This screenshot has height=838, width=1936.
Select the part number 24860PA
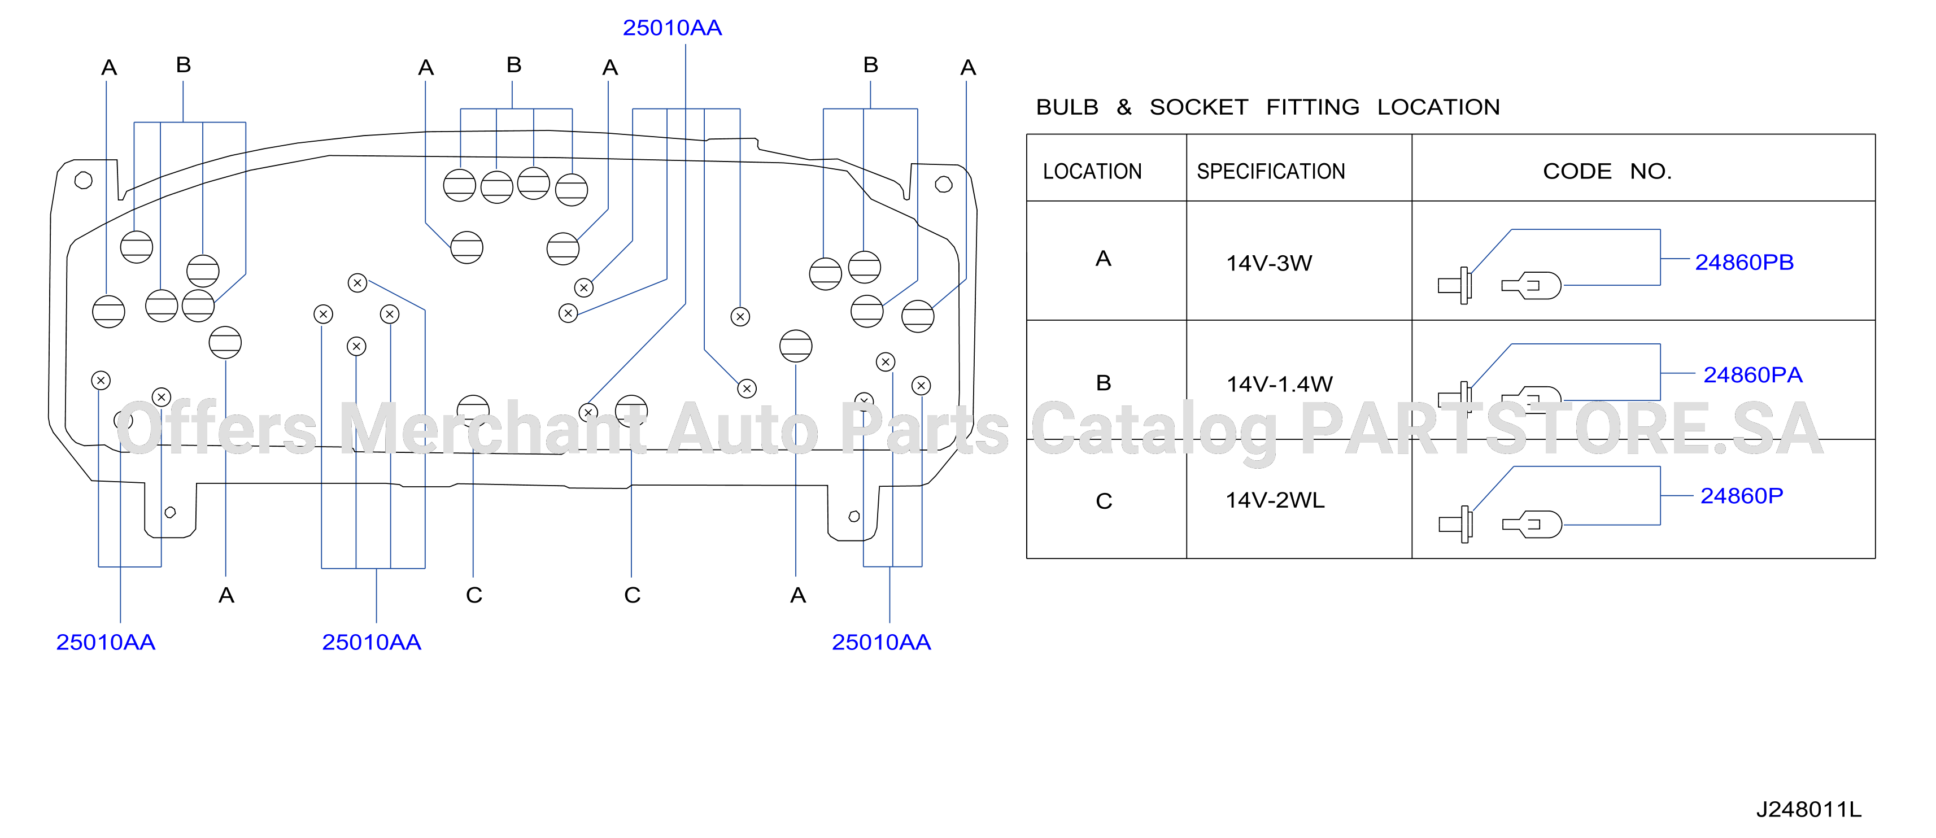pos(1752,375)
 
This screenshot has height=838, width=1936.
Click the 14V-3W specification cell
pos(1268,264)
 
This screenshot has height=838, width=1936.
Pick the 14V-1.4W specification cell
pos(1279,385)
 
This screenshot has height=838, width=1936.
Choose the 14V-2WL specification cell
pos(1275,500)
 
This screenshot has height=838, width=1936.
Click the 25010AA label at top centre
pos(672,28)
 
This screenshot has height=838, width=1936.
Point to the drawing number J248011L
pos(1808,809)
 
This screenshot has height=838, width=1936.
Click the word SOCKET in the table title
pos(1199,107)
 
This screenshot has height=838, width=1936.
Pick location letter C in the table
pos(1104,501)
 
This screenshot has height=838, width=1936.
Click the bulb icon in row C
pos(1532,524)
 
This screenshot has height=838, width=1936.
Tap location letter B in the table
pos(1104,383)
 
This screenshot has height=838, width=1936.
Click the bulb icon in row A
pos(1531,286)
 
